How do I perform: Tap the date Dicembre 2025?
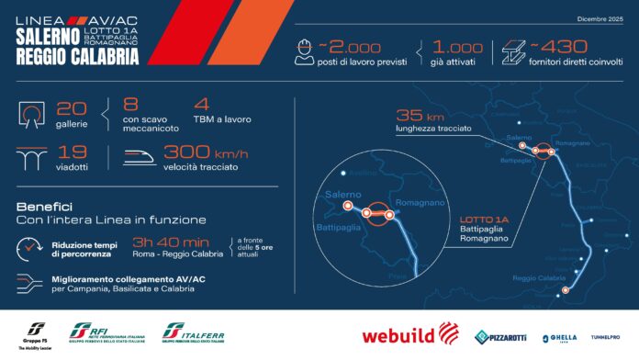click(x=600, y=17)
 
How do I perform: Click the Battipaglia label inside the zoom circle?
click(x=341, y=226)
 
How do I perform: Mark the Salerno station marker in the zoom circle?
click(x=348, y=207)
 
